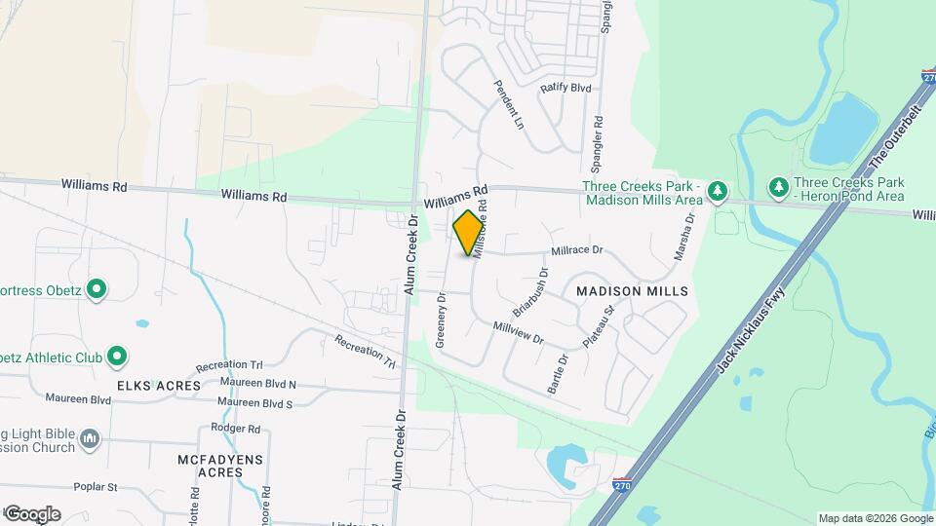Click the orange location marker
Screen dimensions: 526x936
point(469,232)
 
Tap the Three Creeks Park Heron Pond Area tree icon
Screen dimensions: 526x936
point(778,185)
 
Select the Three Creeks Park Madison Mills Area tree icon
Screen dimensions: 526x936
point(718,190)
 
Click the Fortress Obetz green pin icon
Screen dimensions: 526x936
point(96,289)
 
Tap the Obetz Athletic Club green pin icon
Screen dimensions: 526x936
point(116,357)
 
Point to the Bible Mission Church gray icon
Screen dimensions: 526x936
point(90,439)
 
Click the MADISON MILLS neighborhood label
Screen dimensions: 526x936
point(632,291)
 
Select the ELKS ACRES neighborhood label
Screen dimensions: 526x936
point(159,386)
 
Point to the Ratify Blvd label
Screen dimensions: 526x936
point(566,88)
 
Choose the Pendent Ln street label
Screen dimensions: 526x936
point(509,105)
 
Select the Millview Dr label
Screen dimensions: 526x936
point(517,333)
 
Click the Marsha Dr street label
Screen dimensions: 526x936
point(683,238)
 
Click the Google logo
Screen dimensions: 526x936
point(32,514)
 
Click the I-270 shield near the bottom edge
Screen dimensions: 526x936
point(621,484)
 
